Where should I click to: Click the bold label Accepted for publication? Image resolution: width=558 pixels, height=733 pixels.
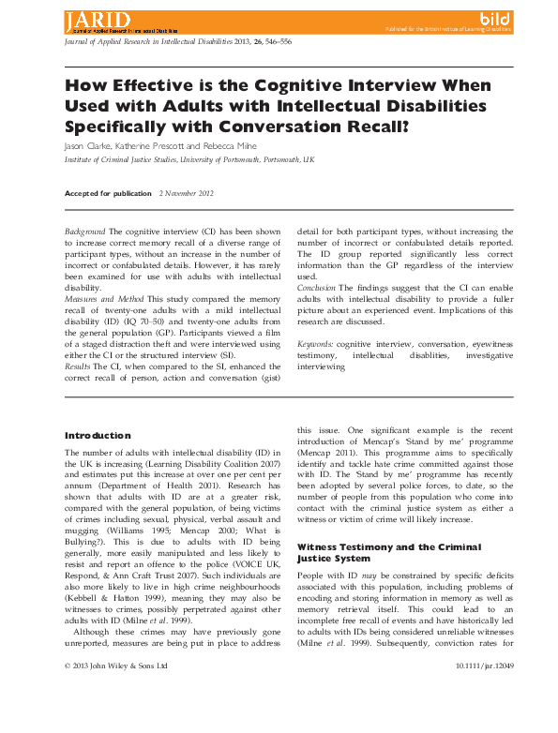[x=107, y=193]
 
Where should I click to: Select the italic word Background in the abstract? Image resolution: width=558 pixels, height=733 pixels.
[x=84, y=231]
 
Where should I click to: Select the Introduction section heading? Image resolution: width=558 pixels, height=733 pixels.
[x=97, y=436]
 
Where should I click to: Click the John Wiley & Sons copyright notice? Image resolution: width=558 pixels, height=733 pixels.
[x=115, y=718]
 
